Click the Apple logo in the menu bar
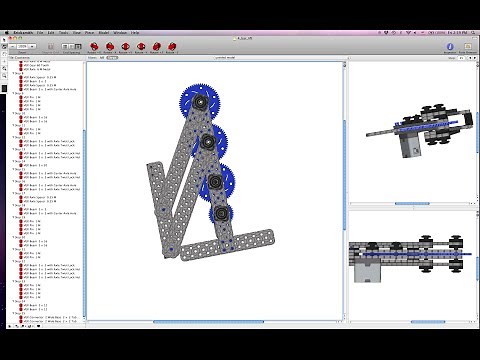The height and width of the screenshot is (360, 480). pos(6,32)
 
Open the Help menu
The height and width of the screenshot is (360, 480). pos(157,32)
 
